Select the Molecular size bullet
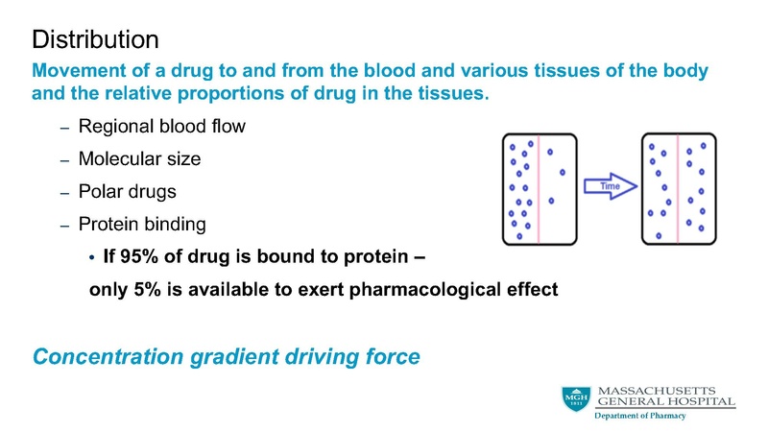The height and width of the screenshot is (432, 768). (x=139, y=158)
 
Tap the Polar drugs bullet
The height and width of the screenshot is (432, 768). (x=127, y=191)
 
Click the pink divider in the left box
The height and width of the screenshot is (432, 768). (x=540, y=187)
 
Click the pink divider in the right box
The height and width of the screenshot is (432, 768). (x=679, y=187)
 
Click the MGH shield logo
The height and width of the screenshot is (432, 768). (x=576, y=399)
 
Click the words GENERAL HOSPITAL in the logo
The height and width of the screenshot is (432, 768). (x=666, y=401)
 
